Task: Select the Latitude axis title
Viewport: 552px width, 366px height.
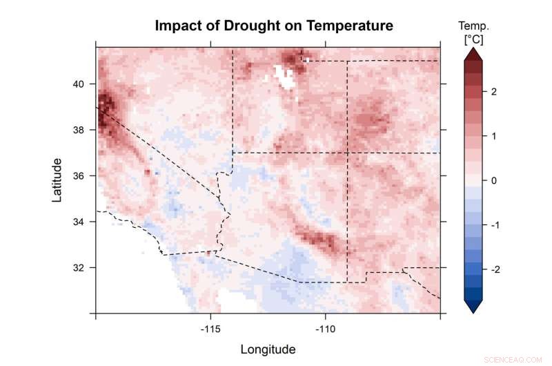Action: click(57, 180)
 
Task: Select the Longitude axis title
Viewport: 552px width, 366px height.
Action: click(268, 349)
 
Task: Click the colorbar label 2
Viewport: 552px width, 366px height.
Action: click(493, 91)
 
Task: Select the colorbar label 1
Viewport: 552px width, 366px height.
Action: click(493, 136)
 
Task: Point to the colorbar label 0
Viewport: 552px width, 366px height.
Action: click(493, 180)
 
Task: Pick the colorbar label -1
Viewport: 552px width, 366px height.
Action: click(495, 225)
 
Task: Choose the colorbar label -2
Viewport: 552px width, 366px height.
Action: click(495, 269)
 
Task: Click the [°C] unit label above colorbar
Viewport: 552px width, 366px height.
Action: click(473, 39)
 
